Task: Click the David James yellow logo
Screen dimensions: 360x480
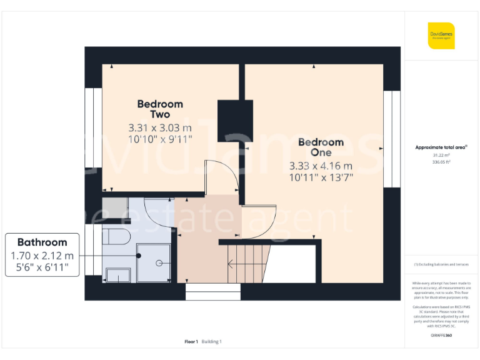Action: click(x=441, y=36)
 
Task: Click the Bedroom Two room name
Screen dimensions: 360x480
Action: click(x=160, y=109)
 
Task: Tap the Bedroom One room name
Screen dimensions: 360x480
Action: click(x=321, y=147)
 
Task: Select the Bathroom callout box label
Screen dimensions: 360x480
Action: click(x=42, y=242)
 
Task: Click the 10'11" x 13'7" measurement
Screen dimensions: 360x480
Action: click(x=321, y=177)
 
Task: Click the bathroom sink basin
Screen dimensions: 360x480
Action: click(x=117, y=275)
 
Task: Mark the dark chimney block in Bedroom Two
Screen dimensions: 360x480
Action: click(x=235, y=121)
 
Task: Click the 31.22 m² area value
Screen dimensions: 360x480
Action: click(x=441, y=155)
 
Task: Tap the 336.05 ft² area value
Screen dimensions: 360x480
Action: click(x=441, y=161)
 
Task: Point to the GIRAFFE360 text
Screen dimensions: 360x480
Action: click(x=441, y=336)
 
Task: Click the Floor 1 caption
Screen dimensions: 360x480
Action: click(x=191, y=341)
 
